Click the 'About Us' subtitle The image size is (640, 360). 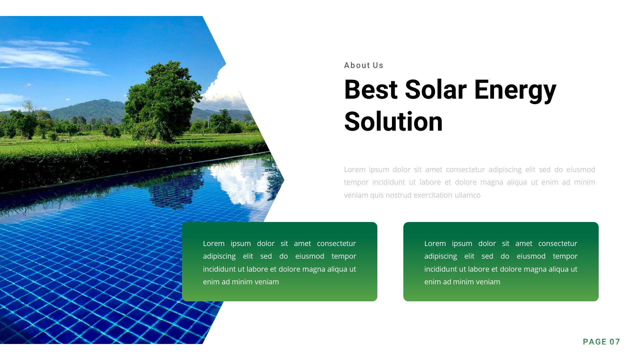[x=363, y=65]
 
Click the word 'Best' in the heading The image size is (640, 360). [x=371, y=90]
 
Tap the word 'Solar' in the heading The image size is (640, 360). [x=435, y=90]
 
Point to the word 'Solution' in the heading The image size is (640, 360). [x=393, y=122]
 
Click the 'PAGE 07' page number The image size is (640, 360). [x=601, y=342]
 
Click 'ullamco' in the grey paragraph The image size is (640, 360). [x=467, y=195]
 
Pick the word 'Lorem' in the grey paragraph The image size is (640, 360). [x=355, y=170]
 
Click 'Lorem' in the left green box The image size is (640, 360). [x=214, y=244]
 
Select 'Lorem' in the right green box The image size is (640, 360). [x=435, y=244]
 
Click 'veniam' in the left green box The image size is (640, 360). [x=267, y=282]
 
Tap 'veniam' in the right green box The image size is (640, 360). [x=488, y=282]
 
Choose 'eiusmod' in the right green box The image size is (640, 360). [x=531, y=256]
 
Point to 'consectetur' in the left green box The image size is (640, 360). [x=336, y=244]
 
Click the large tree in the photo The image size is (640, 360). [x=162, y=100]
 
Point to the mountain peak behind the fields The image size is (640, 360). [x=97, y=102]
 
